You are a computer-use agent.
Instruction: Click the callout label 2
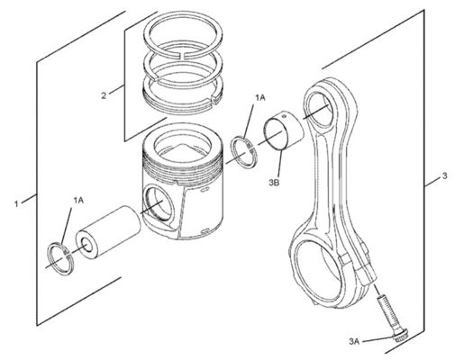pyautogui.click(x=104, y=95)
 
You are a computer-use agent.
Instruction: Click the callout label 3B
pyautogui.click(x=274, y=182)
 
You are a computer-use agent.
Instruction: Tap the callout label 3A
pyautogui.click(x=354, y=341)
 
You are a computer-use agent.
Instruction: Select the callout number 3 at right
pyautogui.click(x=445, y=175)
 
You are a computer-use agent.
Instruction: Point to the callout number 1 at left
pyautogui.click(x=16, y=204)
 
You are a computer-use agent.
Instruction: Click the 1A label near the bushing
pyautogui.click(x=260, y=97)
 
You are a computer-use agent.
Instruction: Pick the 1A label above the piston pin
pyautogui.click(x=78, y=200)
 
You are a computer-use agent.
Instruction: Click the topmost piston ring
pyautogui.click(x=183, y=34)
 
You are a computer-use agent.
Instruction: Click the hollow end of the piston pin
pyautogui.click(x=86, y=245)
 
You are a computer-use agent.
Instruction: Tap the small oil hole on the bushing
pyautogui.click(x=285, y=114)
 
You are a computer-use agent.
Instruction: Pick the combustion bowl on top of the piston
pyautogui.click(x=182, y=148)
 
